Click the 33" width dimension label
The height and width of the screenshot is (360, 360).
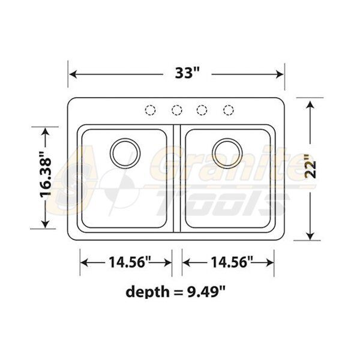(x=187, y=73)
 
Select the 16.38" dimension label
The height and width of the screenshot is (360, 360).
(x=45, y=175)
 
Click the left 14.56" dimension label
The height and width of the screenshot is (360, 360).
(x=130, y=262)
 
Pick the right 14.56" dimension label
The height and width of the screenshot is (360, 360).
(x=232, y=262)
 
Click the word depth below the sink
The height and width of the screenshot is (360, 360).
(x=147, y=292)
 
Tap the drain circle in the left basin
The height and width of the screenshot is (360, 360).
(x=125, y=153)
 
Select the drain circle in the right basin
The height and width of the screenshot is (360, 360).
(x=227, y=153)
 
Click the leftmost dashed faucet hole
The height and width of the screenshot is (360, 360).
(x=151, y=110)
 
